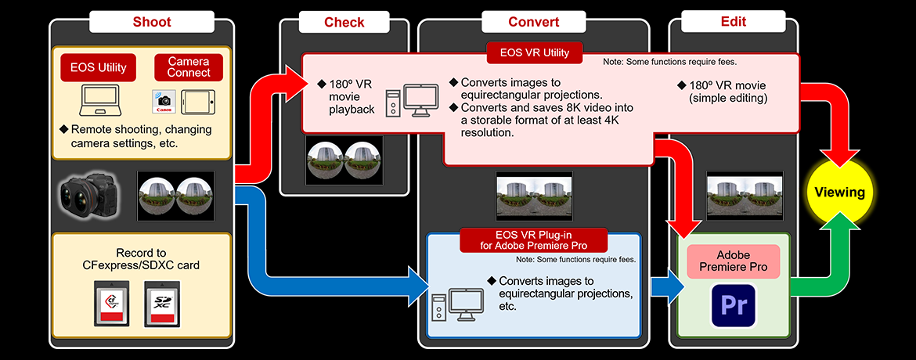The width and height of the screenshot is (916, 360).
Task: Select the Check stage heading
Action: [x=344, y=22]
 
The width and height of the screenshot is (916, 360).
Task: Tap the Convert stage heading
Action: [x=533, y=22]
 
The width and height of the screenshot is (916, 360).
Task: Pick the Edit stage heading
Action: [x=733, y=22]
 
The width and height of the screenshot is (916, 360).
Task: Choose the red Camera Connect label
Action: [x=189, y=67]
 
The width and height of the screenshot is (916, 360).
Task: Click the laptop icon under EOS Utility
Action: [x=100, y=101]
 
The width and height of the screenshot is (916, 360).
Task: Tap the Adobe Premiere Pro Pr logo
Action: [x=733, y=304]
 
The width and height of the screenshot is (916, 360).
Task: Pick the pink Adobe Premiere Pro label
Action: [x=733, y=261]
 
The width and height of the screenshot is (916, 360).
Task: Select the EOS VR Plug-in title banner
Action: [x=534, y=239]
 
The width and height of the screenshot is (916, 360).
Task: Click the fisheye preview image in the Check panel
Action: [x=344, y=161]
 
